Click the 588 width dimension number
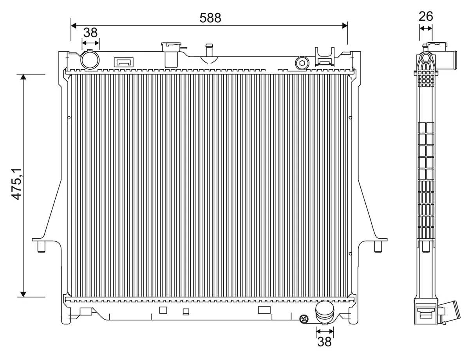click(x=210, y=18)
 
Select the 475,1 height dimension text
click(x=16, y=184)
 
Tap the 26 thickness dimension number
click(x=426, y=16)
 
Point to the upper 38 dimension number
click(x=90, y=32)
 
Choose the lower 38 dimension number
click(x=324, y=342)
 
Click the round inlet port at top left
click(x=90, y=59)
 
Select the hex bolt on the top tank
click(x=302, y=63)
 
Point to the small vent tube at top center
click(x=209, y=50)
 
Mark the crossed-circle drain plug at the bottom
click(x=303, y=319)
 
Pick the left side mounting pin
click(x=40, y=247)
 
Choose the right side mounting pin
click(x=378, y=247)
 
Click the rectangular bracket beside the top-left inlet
click(x=123, y=62)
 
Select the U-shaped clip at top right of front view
click(x=325, y=56)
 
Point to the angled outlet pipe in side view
click(x=450, y=311)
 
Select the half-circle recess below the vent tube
click(x=209, y=59)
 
